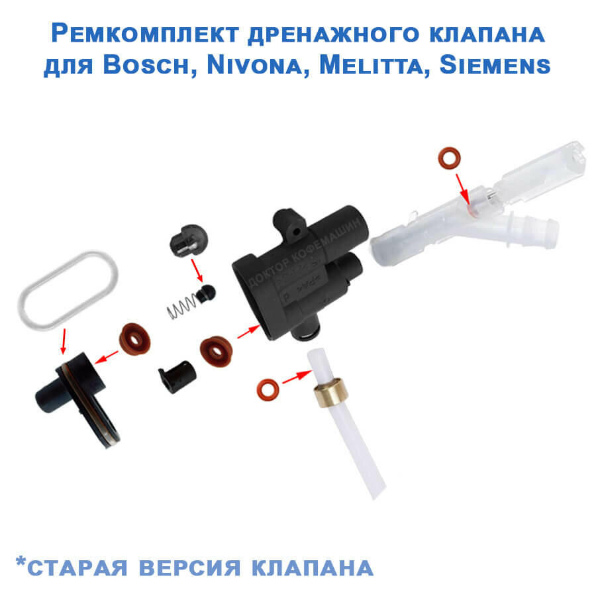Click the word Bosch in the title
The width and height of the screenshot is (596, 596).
pyautogui.click(x=146, y=65)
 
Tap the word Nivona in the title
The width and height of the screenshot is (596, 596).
pyautogui.click(x=254, y=65)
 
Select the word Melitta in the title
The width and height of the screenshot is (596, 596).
pyautogui.click(x=371, y=65)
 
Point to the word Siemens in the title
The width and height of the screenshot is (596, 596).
pyautogui.click(x=495, y=65)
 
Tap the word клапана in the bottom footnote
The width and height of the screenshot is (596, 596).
pyautogui.click(x=313, y=568)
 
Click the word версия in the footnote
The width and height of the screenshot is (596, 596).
pyautogui.click(x=189, y=568)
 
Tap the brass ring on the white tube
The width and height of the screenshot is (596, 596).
pyautogui.click(x=330, y=392)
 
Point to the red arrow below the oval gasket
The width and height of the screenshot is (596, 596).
pyautogui.click(x=64, y=341)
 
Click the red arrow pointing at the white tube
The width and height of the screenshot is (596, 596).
pyautogui.click(x=297, y=377)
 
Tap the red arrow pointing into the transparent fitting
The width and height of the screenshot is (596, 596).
pyautogui.click(x=463, y=189)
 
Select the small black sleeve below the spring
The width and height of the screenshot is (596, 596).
pyautogui.click(x=177, y=376)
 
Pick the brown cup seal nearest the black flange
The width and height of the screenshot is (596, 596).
pyautogui.click(x=135, y=338)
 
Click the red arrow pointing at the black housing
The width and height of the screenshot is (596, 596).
pyautogui.click(x=249, y=332)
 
